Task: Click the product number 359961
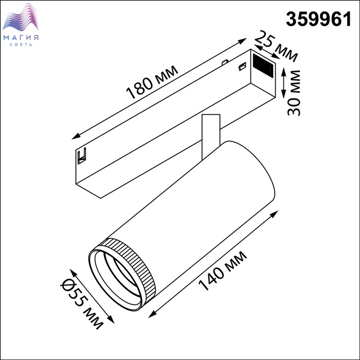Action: [x=319, y=20]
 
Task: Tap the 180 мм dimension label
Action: [x=152, y=82]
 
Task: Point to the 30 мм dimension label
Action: [x=294, y=93]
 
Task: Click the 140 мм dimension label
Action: [x=222, y=271]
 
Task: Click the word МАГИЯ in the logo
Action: [x=21, y=38]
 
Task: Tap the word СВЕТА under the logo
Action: [x=21, y=45]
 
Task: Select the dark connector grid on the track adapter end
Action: [x=263, y=65]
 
